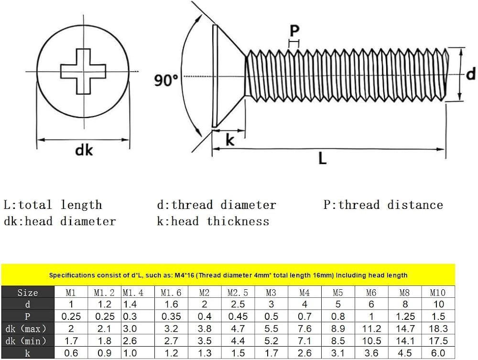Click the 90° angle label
point(166,80)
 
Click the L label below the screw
point(323,158)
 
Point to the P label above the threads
point(294,31)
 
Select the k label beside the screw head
point(230,140)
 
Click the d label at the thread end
point(471,74)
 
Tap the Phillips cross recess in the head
point(83,71)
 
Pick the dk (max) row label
point(27,328)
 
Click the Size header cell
point(27,293)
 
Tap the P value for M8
point(404,316)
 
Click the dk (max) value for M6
point(371,328)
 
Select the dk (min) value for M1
point(71,341)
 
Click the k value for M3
point(271,353)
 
